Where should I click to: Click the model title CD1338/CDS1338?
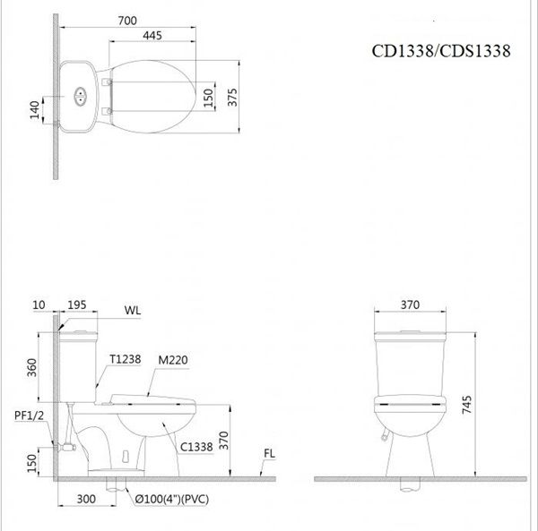pos(441,51)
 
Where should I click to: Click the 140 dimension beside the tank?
pos(35,110)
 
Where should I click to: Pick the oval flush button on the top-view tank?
pos(81,94)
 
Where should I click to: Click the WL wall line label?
pos(133,311)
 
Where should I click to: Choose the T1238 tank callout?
pos(124,359)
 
